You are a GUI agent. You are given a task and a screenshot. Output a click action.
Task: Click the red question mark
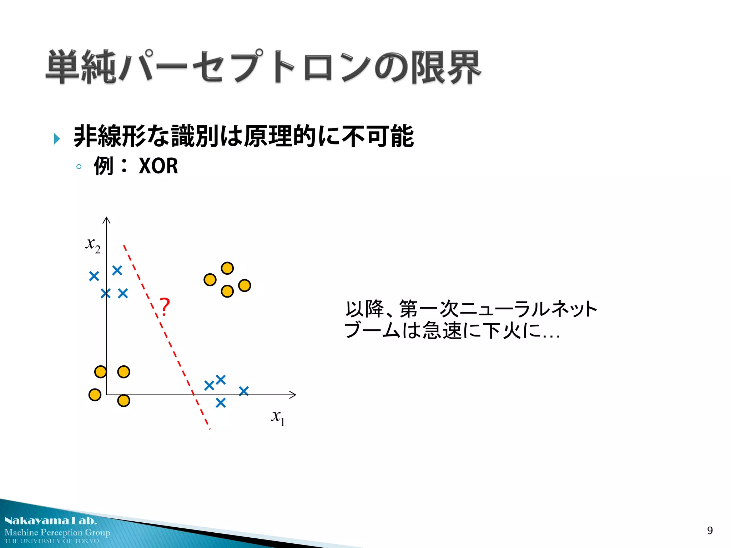[165, 307]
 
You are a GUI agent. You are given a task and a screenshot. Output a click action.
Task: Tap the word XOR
[158, 166]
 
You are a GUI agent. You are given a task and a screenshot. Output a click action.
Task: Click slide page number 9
[710, 531]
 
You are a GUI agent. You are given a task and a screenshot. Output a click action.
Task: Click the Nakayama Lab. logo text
[50, 521]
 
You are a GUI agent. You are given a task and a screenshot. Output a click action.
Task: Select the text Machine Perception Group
[57, 532]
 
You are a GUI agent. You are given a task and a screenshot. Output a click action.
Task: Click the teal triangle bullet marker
[56, 139]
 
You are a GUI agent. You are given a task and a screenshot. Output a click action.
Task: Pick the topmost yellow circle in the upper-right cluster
[227, 268]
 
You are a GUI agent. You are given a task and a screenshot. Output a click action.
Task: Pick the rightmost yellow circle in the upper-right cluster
[244, 285]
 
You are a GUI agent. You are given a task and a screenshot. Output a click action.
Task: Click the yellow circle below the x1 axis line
[123, 401]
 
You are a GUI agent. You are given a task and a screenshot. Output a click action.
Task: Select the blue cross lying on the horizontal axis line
[244, 391]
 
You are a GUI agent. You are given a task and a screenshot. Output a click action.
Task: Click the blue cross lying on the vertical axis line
[106, 294]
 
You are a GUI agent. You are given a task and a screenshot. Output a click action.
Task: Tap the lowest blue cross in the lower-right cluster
[221, 403]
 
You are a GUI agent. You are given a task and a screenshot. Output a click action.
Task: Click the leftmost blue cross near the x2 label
[94, 276]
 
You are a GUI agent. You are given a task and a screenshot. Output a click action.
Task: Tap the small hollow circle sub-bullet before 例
[79, 166]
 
